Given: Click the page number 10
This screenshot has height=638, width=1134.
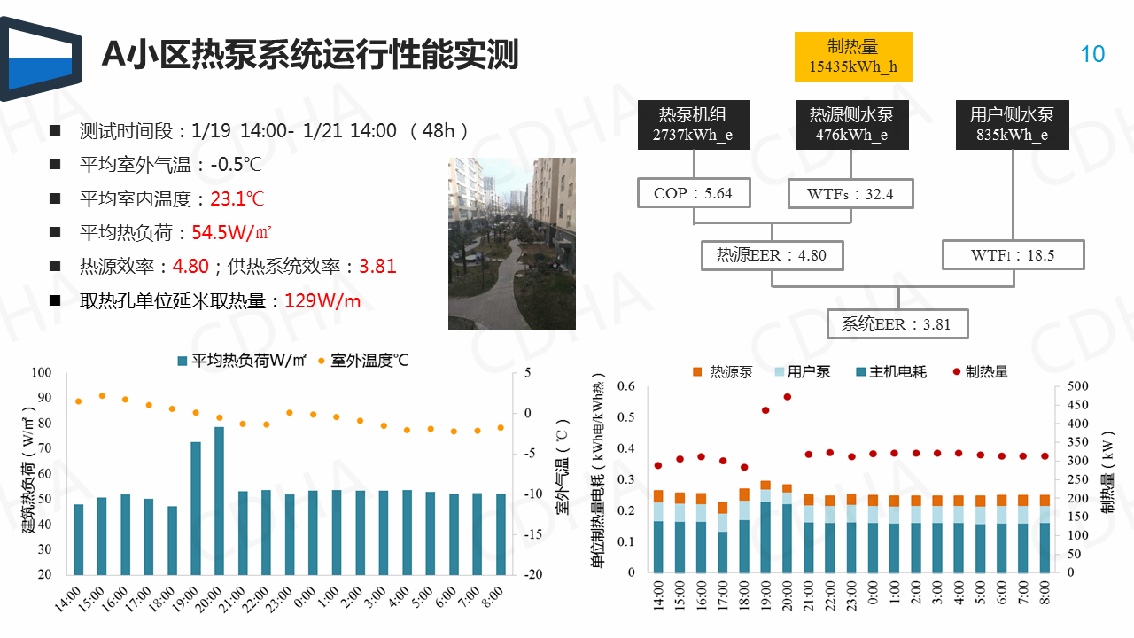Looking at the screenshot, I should (x=1092, y=54).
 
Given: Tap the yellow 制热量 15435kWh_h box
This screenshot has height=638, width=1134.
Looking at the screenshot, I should (x=852, y=56).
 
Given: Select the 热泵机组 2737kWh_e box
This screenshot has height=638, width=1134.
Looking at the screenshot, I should (x=694, y=124).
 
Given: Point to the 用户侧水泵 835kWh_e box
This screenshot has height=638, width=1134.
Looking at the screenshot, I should (x=1011, y=124).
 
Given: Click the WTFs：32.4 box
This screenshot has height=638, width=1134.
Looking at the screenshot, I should (x=850, y=193).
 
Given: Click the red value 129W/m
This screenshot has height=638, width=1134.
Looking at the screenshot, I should (x=322, y=301).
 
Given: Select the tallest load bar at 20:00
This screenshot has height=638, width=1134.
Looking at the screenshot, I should (x=219, y=500).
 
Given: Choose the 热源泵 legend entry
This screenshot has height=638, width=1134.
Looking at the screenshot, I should (x=723, y=372).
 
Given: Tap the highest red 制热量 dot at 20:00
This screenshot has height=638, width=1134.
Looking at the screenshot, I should (x=787, y=397).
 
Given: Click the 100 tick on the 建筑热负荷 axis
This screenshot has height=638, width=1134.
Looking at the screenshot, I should (x=42, y=373).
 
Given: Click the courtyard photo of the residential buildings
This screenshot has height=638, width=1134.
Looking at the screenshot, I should (x=511, y=243).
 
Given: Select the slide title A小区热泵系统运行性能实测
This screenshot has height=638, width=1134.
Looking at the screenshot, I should (x=310, y=55).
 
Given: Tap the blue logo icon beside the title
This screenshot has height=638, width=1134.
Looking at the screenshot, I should (x=41, y=58).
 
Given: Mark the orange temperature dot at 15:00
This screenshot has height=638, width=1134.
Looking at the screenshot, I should (x=102, y=396).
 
